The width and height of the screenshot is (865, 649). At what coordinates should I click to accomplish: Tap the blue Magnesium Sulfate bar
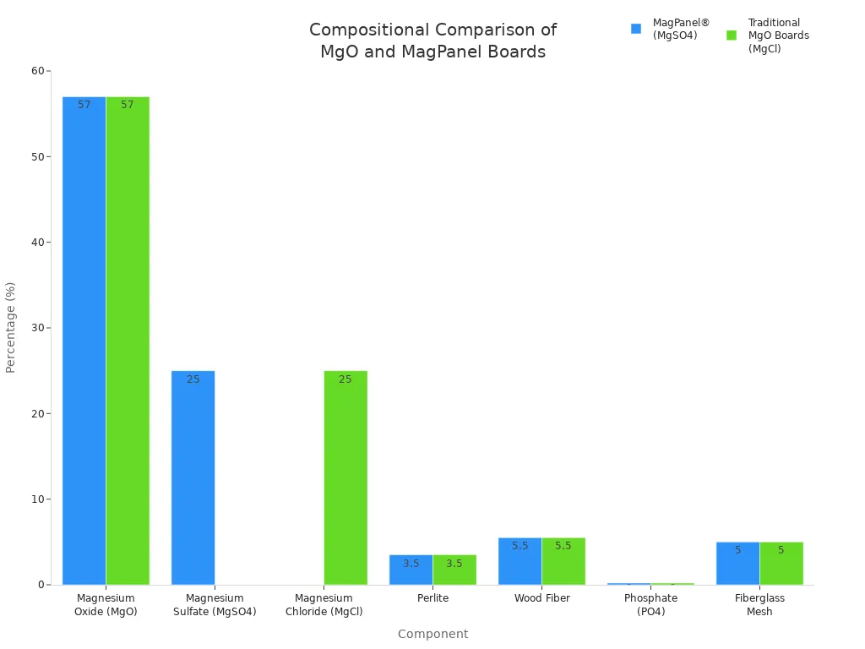pos(193,477)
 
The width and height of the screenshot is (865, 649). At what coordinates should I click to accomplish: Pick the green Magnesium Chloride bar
pos(345,477)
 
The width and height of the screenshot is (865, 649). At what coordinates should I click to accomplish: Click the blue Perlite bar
pos(411,570)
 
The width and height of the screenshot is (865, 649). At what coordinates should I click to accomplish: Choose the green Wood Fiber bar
pos(563,561)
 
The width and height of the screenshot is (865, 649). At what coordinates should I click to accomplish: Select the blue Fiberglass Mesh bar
pos(737,564)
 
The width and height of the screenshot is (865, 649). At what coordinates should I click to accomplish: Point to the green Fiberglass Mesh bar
pos(781,564)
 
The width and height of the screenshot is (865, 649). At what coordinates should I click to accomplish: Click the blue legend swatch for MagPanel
pos(636,29)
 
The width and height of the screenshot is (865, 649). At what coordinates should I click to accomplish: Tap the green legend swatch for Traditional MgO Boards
pos(732,35)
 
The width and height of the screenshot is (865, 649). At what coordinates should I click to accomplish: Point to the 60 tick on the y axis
pos(38,71)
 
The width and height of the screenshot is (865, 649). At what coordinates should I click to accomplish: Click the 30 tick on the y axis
pos(38,328)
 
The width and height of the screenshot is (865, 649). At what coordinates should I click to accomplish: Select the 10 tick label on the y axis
pos(38,499)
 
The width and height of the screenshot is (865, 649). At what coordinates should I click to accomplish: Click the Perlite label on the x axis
pos(432,598)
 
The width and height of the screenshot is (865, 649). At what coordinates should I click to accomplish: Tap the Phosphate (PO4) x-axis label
pos(650,605)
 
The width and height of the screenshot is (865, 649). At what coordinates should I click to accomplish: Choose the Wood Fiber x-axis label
pos(541,598)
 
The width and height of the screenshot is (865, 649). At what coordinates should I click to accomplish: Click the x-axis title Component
pos(432,634)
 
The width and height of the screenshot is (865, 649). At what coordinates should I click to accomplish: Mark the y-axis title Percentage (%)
pos(11,327)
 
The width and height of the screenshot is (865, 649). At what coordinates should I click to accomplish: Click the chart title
pos(432,41)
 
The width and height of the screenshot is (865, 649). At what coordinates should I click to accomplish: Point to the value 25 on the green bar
pos(345,379)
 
